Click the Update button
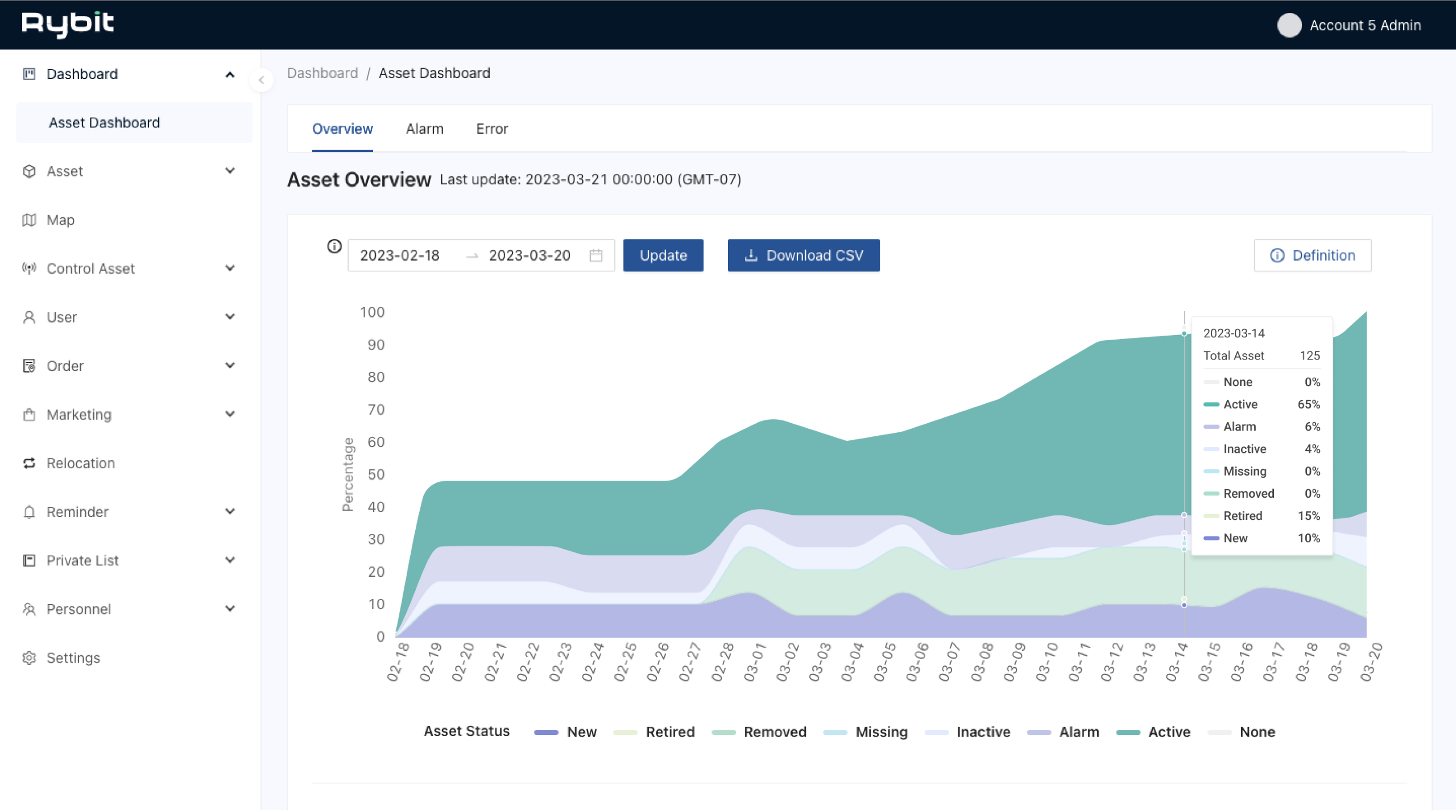point(663,255)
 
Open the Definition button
point(1312,255)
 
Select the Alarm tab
point(424,129)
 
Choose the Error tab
point(492,129)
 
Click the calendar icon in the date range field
point(596,255)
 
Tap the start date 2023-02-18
point(400,255)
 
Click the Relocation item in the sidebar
point(81,463)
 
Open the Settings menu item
point(73,658)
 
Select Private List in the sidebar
point(82,560)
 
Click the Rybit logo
point(68,24)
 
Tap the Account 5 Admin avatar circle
point(1289,25)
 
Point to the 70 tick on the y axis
point(376,410)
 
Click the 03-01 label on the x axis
point(755,662)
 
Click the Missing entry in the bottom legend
point(881,732)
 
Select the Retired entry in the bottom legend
point(669,732)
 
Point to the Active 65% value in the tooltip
point(1308,404)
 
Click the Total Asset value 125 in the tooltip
point(1309,356)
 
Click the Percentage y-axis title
point(348,474)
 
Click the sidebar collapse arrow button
point(262,80)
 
